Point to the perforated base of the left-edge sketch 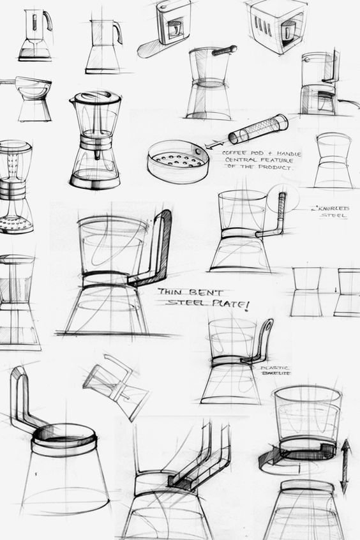(16, 225)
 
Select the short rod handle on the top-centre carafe (224, 51)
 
